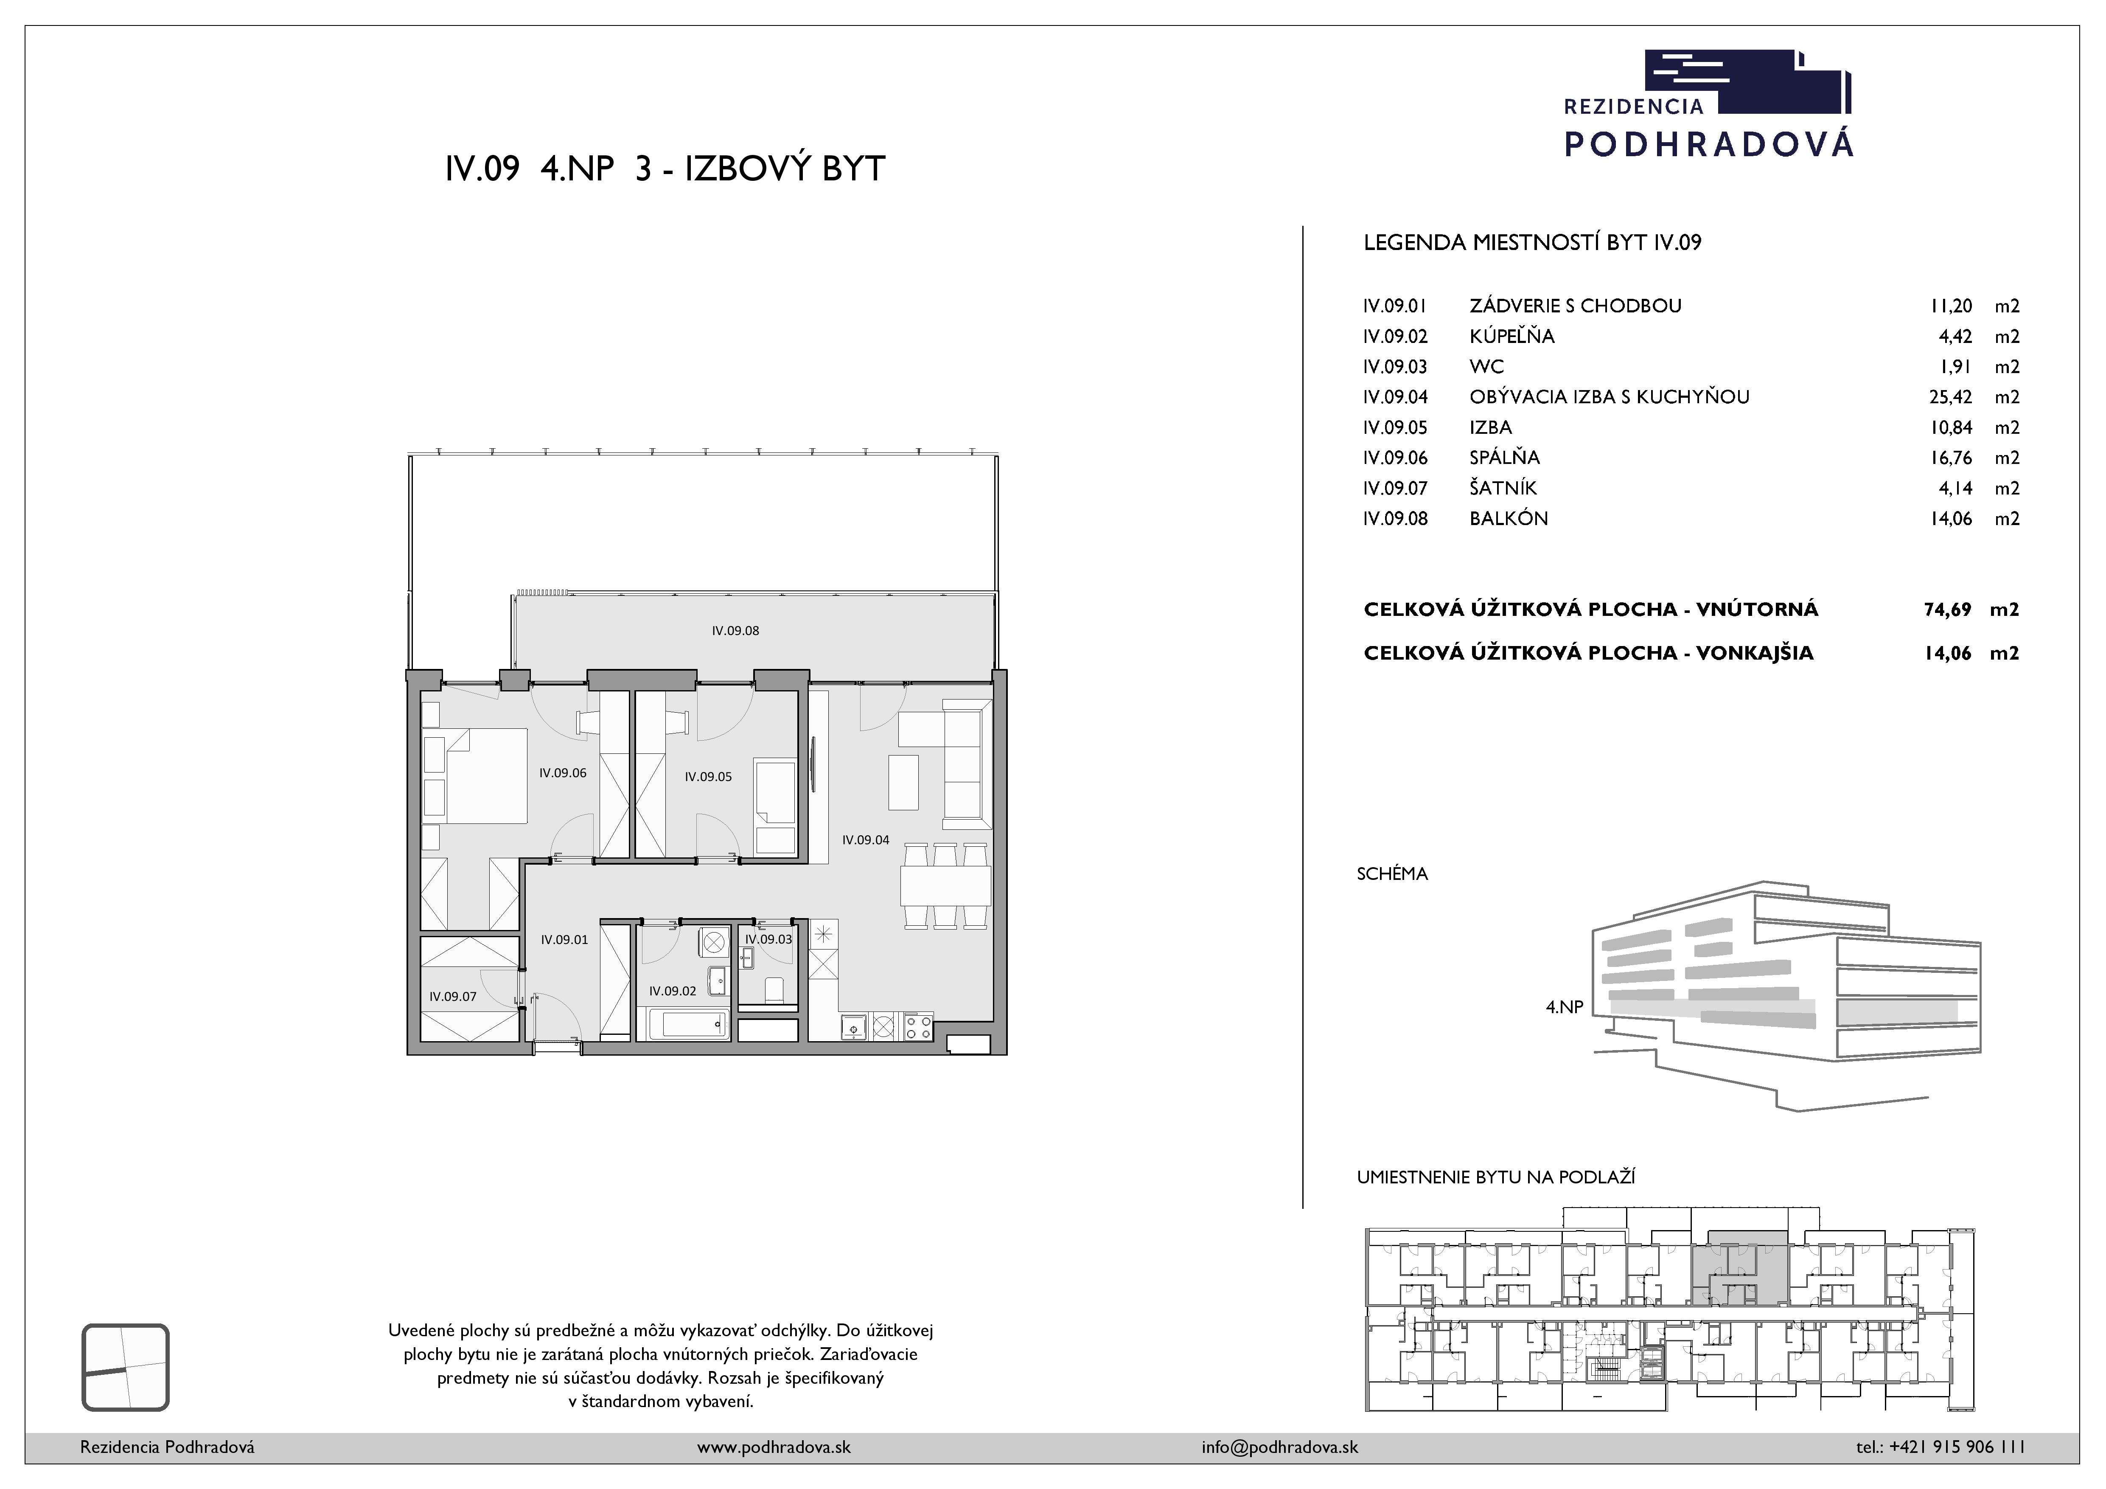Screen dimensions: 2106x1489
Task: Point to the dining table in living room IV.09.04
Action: click(x=945, y=885)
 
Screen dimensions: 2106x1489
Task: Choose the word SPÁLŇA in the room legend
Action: click(x=1504, y=457)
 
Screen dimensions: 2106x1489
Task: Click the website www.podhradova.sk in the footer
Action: click(x=773, y=1447)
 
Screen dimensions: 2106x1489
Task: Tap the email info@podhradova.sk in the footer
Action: click(x=1279, y=1447)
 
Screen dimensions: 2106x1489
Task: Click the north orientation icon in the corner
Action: click(x=126, y=1367)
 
